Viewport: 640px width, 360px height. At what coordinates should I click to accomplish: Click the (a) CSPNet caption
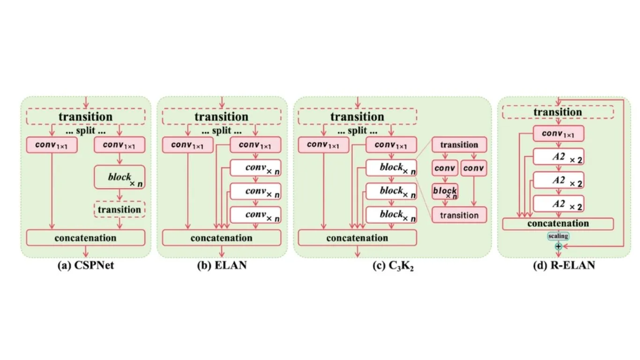pyautogui.click(x=86, y=265)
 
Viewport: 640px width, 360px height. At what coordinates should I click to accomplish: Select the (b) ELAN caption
pyautogui.click(x=222, y=265)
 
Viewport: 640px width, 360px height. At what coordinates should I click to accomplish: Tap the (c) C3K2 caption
pyautogui.click(x=393, y=266)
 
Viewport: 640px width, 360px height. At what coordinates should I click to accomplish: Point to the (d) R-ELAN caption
pyautogui.click(x=564, y=265)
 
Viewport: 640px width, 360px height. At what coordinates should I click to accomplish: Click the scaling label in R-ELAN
pyautogui.click(x=558, y=236)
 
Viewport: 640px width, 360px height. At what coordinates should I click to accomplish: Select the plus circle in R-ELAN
pyautogui.click(x=558, y=246)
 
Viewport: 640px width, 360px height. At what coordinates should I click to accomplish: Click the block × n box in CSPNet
pyautogui.click(x=119, y=177)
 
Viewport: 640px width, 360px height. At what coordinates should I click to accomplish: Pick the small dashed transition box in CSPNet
pyautogui.click(x=119, y=210)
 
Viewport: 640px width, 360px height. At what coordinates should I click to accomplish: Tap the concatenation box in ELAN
pyautogui.click(x=222, y=238)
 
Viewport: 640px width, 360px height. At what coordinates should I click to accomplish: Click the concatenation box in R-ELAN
pyautogui.click(x=558, y=224)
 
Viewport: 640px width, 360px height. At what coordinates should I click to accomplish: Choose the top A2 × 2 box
pyautogui.click(x=558, y=157)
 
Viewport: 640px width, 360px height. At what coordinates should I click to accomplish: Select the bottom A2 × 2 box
pyautogui.click(x=558, y=204)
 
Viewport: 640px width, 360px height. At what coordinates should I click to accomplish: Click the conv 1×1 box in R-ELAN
pyautogui.click(x=558, y=134)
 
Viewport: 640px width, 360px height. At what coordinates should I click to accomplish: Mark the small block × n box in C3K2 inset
pyautogui.click(x=445, y=191)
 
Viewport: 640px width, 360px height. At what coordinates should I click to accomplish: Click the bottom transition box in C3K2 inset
pyautogui.click(x=459, y=215)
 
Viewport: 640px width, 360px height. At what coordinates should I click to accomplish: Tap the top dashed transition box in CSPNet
pyautogui.click(x=86, y=116)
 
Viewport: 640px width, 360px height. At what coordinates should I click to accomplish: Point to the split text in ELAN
pyautogui.click(x=222, y=131)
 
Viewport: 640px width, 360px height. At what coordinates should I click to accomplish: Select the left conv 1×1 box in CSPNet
pyautogui.click(x=52, y=145)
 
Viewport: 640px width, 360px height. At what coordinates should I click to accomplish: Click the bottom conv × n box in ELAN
pyautogui.click(x=255, y=215)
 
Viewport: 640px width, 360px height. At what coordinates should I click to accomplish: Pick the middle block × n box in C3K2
pyautogui.click(x=391, y=191)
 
